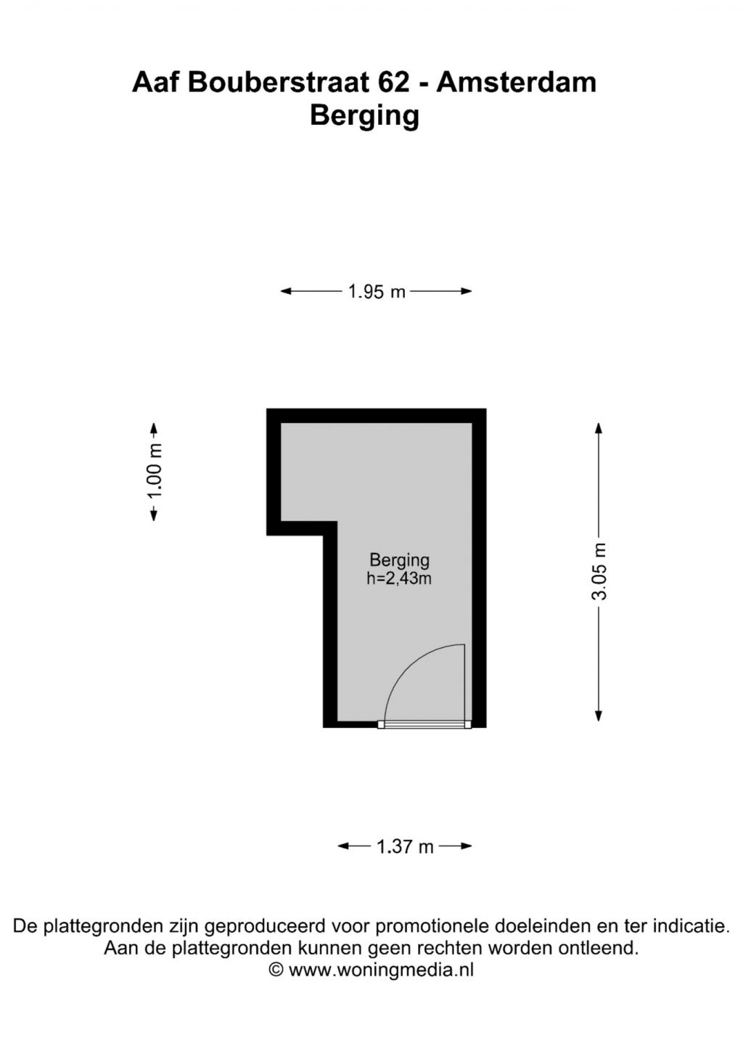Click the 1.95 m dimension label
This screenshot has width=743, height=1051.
(377, 291)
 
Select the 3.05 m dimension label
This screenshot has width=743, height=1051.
(599, 571)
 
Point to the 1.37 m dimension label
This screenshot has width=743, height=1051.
(406, 847)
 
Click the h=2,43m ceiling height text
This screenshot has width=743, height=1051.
(399, 579)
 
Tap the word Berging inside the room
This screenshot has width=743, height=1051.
(399, 560)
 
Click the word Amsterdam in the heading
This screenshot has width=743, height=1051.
(517, 82)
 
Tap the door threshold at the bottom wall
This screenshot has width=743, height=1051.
(424, 725)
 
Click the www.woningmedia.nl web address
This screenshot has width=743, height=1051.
(381, 970)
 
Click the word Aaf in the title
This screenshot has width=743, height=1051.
(156, 82)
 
